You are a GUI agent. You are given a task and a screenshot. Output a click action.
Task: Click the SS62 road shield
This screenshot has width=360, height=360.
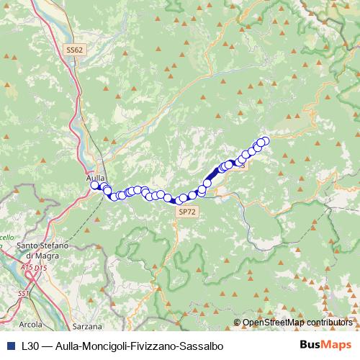tap(75, 50)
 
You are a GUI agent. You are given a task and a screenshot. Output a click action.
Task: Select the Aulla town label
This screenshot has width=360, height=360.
tap(95, 177)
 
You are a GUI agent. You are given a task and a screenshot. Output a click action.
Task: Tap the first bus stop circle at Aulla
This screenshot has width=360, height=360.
tap(94, 185)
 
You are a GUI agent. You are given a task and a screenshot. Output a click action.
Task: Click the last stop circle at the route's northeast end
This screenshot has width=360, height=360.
tap(265, 141)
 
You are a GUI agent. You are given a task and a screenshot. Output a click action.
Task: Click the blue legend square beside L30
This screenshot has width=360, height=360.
tap(9, 346)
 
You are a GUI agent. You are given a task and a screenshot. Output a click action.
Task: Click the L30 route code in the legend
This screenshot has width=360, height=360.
tap(30, 346)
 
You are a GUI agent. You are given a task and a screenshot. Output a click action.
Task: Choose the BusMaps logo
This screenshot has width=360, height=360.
tap(323, 345)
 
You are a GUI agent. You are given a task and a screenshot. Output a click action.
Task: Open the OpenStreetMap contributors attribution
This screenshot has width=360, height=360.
tap(297, 323)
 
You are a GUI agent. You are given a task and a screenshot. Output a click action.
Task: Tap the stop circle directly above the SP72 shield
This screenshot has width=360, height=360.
tap(184, 197)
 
